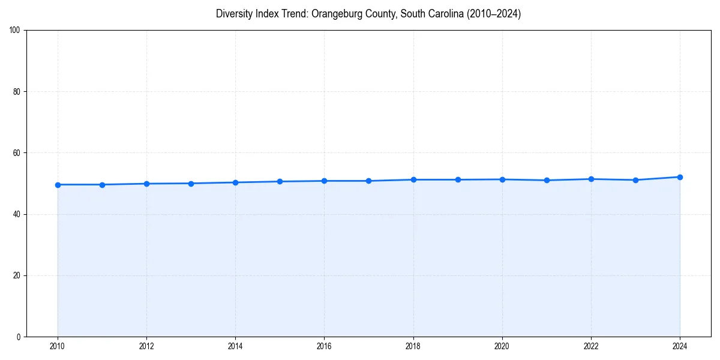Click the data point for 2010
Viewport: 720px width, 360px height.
pyautogui.click(x=58, y=185)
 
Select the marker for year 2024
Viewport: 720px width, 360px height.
pyautogui.click(x=680, y=177)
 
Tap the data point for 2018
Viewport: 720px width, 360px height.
pyautogui.click(x=413, y=179)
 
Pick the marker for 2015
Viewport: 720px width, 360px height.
pyautogui.click(x=280, y=181)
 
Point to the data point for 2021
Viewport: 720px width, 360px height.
pyautogui.click(x=547, y=180)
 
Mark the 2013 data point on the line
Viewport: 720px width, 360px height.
pyautogui.click(x=191, y=184)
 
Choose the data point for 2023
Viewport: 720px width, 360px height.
pyautogui.click(x=635, y=180)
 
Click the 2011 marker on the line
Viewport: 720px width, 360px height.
pyautogui.click(x=102, y=185)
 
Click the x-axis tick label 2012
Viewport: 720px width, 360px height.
pyautogui.click(x=146, y=346)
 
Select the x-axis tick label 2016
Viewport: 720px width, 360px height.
pyautogui.click(x=324, y=346)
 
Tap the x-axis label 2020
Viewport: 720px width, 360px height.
pyautogui.click(x=502, y=346)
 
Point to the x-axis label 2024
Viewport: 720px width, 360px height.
pyautogui.click(x=680, y=346)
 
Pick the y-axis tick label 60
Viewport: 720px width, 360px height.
pyautogui.click(x=17, y=153)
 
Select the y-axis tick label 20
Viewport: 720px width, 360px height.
pyautogui.click(x=17, y=275)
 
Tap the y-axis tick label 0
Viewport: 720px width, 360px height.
pyautogui.click(x=19, y=337)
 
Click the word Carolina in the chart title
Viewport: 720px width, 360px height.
pyautogui.click(x=438, y=14)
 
